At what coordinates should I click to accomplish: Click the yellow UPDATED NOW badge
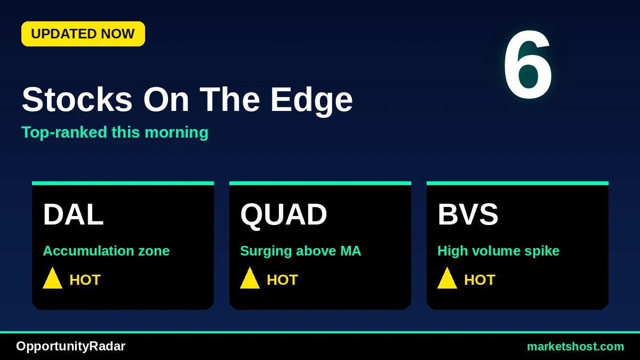(83, 34)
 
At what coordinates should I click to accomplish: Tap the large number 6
(527, 65)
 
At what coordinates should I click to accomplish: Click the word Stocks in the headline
(77, 99)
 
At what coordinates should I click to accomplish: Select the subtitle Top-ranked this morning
(115, 133)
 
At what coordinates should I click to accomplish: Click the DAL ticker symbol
(73, 214)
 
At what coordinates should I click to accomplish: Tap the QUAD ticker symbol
(283, 215)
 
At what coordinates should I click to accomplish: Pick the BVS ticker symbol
(468, 214)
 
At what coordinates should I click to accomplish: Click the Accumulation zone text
(106, 251)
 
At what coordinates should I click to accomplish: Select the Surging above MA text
(301, 251)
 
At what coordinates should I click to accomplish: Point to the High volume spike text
(498, 251)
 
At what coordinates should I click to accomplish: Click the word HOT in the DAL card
(85, 279)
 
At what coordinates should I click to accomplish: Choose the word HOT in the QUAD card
(282, 279)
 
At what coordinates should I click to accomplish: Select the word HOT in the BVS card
(479, 279)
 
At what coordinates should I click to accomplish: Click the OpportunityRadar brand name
(70, 347)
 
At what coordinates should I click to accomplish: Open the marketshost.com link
(575, 347)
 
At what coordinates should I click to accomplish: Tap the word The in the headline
(230, 99)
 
